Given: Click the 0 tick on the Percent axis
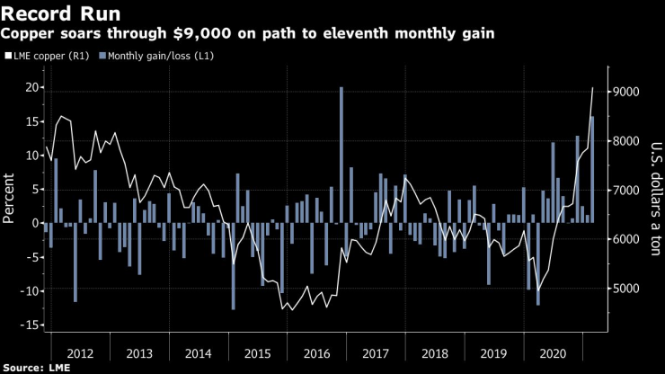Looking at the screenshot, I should click(34, 223).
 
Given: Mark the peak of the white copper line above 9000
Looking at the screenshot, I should click(593, 87).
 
